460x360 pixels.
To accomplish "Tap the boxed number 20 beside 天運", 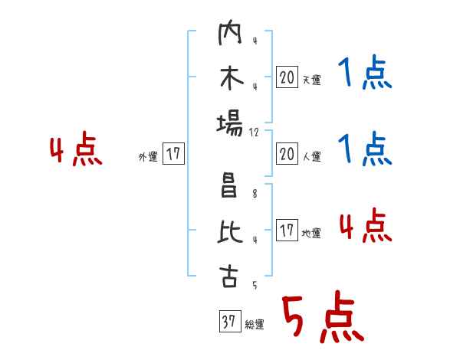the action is [x=287, y=77].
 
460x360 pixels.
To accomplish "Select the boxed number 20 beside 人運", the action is [x=287, y=154].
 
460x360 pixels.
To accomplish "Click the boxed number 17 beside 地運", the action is [x=287, y=231].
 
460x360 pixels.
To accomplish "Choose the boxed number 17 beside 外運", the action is [x=173, y=154].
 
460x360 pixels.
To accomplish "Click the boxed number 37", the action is [x=228, y=321].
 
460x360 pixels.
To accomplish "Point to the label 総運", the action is [x=255, y=325].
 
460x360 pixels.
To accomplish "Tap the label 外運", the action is [x=148, y=157].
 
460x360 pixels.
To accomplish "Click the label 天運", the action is [x=311, y=80].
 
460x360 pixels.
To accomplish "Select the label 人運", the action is [x=311, y=157].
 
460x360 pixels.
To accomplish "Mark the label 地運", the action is [x=311, y=234].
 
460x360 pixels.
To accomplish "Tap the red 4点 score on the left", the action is [x=76, y=151].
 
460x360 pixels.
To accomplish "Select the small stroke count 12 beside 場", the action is [x=255, y=132].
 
